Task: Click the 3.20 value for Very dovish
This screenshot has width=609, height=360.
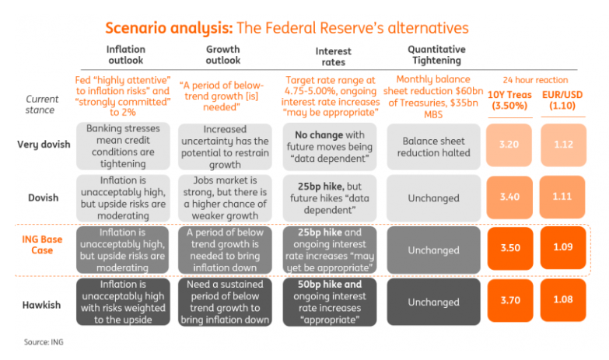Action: pos(510,145)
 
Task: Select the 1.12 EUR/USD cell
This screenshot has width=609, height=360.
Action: pos(564,145)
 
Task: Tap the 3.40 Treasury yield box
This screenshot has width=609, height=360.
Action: pos(510,197)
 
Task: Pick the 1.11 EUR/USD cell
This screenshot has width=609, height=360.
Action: pos(564,197)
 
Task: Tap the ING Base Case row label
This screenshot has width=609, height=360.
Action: pos(42,244)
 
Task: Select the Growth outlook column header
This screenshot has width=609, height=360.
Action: pos(223,54)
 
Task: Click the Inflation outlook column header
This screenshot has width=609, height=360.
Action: pos(124,54)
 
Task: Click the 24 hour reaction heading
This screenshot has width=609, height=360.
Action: pos(537,80)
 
